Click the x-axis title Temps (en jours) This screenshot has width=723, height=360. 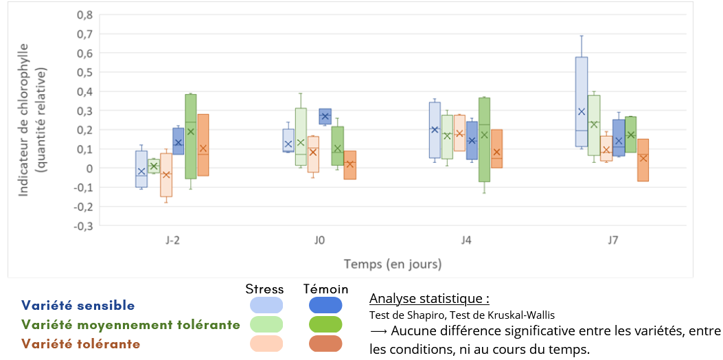[x=393, y=264]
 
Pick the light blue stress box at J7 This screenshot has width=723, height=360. [x=581, y=102]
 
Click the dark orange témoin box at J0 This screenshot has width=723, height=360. [x=349, y=165]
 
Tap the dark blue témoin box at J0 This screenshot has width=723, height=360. [x=325, y=116]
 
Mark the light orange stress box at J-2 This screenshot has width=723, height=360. [x=166, y=175]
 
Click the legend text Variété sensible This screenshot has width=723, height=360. [x=78, y=306]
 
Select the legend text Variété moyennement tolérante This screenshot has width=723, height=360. [x=130, y=324]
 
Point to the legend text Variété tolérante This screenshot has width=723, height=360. [x=81, y=344]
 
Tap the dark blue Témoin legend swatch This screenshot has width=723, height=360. [x=325, y=306]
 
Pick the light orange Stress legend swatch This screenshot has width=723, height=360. [x=266, y=343]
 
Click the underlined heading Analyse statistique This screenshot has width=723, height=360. [x=429, y=299]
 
